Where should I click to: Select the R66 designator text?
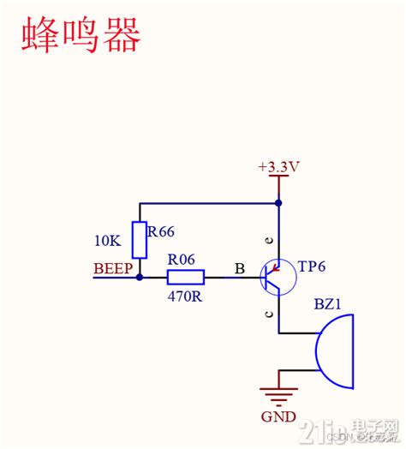point(162,231)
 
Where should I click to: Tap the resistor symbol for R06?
point(185,277)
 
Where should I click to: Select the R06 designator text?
point(182,258)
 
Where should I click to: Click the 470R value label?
point(184,296)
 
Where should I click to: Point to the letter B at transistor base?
point(240,269)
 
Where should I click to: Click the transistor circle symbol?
point(276,277)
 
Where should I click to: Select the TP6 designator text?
point(312,266)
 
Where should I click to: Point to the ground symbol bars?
point(278,396)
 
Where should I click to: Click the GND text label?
point(279,417)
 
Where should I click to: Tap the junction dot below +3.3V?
point(278,204)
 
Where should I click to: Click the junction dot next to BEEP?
point(140,277)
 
